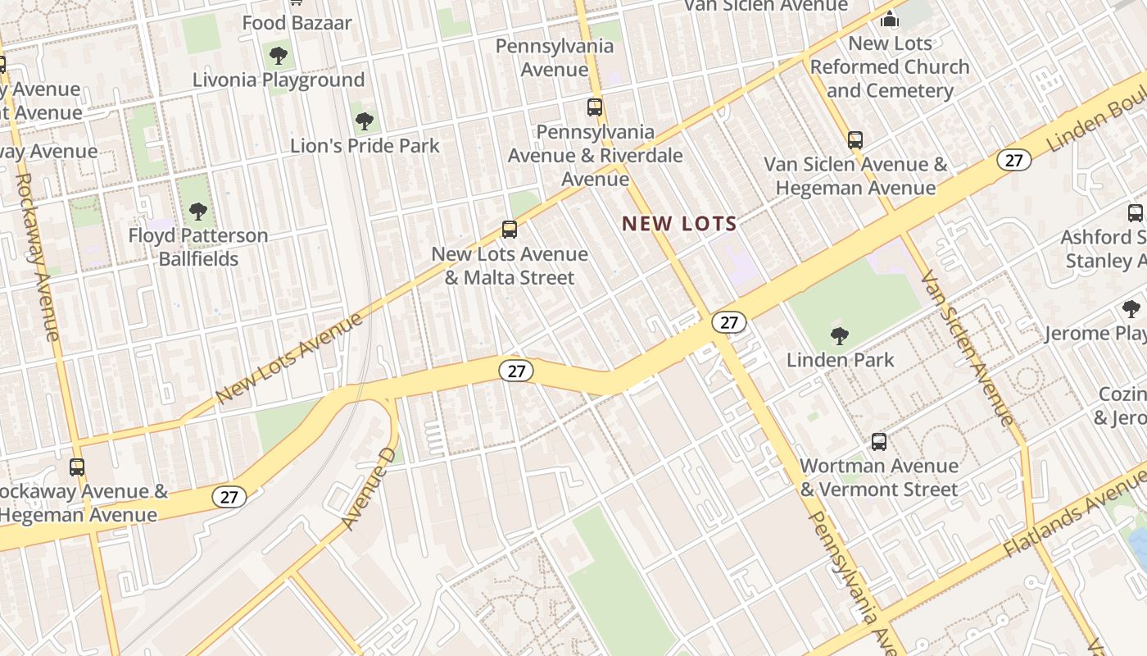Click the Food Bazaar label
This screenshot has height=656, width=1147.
[297, 23]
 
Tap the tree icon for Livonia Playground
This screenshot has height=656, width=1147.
[279, 56]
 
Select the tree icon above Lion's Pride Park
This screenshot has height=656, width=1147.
[365, 122]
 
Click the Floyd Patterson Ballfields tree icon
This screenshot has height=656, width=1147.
[197, 212]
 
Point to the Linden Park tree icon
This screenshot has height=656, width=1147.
[839, 335]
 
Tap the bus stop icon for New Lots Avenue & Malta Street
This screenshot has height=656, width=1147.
[510, 230]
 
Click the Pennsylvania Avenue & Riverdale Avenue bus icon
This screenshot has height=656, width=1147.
[595, 107]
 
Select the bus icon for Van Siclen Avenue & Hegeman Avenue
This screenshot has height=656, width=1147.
[855, 140]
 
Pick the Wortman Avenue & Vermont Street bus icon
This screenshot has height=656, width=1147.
[879, 442]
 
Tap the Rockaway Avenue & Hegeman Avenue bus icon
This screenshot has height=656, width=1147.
[77, 467]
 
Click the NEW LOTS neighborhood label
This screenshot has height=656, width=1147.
[679, 223]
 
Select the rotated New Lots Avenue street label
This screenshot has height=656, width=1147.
[290, 358]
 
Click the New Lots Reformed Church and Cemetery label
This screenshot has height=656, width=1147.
[890, 66]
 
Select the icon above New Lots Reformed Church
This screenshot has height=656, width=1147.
[890, 18]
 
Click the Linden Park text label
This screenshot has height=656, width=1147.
[840, 359]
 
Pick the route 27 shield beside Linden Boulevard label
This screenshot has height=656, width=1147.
[1013, 160]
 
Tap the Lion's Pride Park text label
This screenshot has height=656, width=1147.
[365, 146]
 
